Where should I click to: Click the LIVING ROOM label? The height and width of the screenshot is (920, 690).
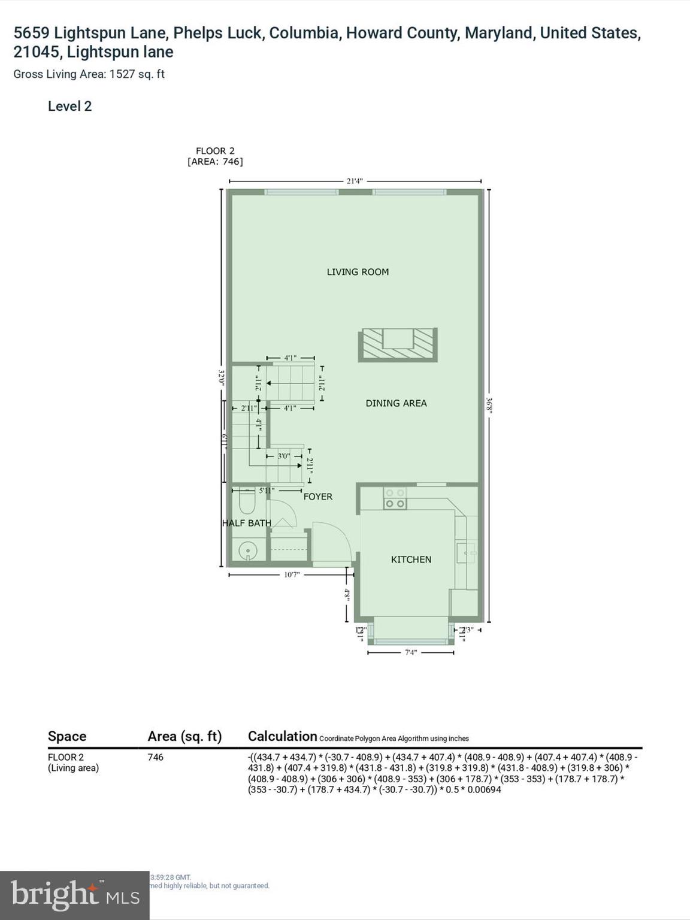coord(358,272)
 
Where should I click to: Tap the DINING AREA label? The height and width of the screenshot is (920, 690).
coord(396,403)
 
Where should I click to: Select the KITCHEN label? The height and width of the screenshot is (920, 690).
coord(411,559)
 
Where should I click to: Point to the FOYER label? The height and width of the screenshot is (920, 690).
coord(317,497)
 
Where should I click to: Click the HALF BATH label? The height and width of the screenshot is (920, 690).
coord(246,523)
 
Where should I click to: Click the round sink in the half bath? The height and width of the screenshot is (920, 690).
coord(247,550)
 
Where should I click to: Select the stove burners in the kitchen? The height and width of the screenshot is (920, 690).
coord(395,498)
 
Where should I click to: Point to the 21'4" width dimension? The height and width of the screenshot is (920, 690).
coord(355,181)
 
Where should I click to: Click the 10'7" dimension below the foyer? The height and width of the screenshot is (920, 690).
coord(292,574)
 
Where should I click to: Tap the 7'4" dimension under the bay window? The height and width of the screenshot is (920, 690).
coord(410,652)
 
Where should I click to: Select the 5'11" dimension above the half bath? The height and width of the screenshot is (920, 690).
coord(267,491)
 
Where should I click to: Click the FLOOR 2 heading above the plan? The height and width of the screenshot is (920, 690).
coord(215,151)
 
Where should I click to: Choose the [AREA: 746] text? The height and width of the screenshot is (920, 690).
coord(215,162)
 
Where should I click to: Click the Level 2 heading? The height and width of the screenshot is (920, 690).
coord(69,107)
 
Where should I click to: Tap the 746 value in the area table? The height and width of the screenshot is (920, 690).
coord(155,757)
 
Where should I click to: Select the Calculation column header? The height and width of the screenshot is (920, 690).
coord(282,736)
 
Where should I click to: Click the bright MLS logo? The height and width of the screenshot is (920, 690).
coord(74,895)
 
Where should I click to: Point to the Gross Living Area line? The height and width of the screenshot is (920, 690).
coord(89,74)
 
